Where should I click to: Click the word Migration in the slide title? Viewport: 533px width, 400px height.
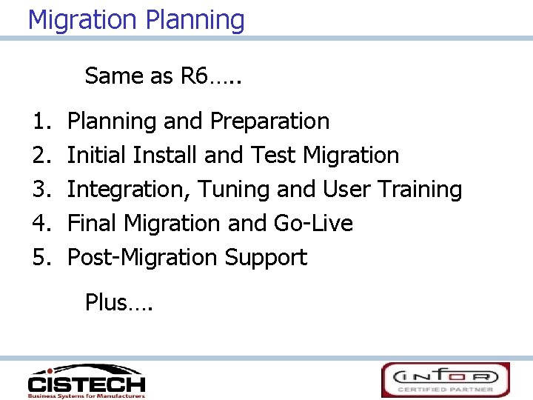[83, 20]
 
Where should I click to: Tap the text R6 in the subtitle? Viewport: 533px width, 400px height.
[194, 76]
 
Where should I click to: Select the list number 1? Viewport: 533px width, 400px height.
[40, 121]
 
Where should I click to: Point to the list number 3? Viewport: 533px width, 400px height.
[40, 190]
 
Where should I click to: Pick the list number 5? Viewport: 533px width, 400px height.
[40, 258]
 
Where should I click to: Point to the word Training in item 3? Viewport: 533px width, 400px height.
[420, 190]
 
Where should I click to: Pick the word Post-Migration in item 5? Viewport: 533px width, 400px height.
[142, 258]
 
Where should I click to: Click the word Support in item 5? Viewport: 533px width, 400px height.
[266, 258]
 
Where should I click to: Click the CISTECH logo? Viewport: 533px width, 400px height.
[86, 381]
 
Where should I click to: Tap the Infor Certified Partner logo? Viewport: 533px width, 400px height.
[446, 380]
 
